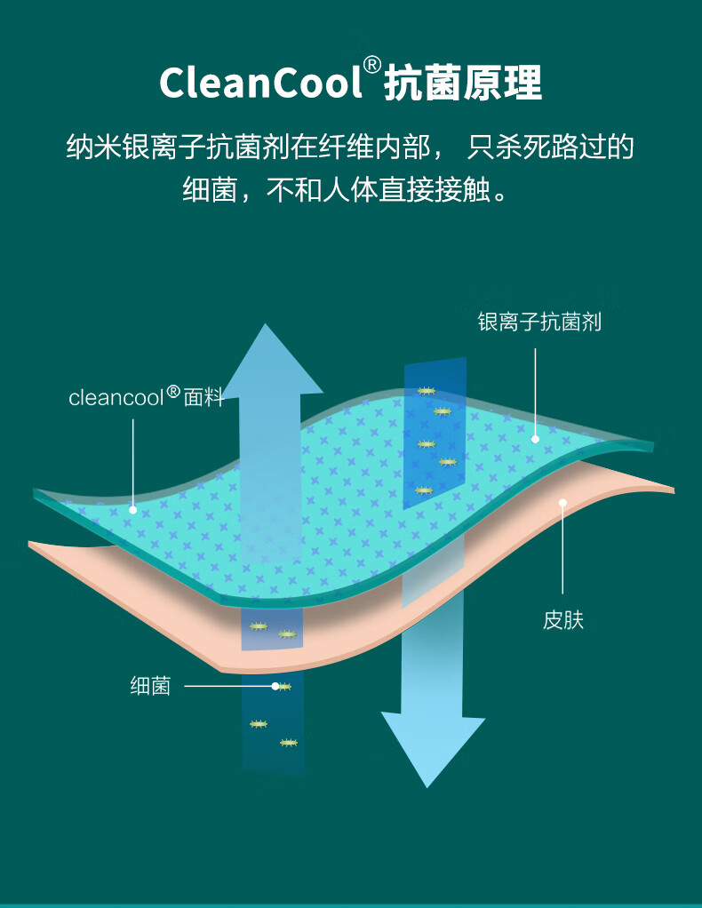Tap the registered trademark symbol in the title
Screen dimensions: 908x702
[x=373, y=65]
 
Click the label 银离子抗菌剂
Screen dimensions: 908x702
[x=539, y=322]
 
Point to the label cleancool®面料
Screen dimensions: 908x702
[x=146, y=396]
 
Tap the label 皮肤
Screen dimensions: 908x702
[x=563, y=619]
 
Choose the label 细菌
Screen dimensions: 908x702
[x=150, y=686]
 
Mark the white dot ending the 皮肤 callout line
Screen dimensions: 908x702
[x=562, y=503]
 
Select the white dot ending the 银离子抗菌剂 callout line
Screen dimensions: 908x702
[x=535, y=439]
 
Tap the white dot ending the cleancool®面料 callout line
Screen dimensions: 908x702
[x=133, y=510]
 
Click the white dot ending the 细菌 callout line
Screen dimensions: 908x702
[x=275, y=686]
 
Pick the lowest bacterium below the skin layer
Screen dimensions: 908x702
[x=288, y=742]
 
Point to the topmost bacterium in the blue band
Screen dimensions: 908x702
[x=427, y=391]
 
